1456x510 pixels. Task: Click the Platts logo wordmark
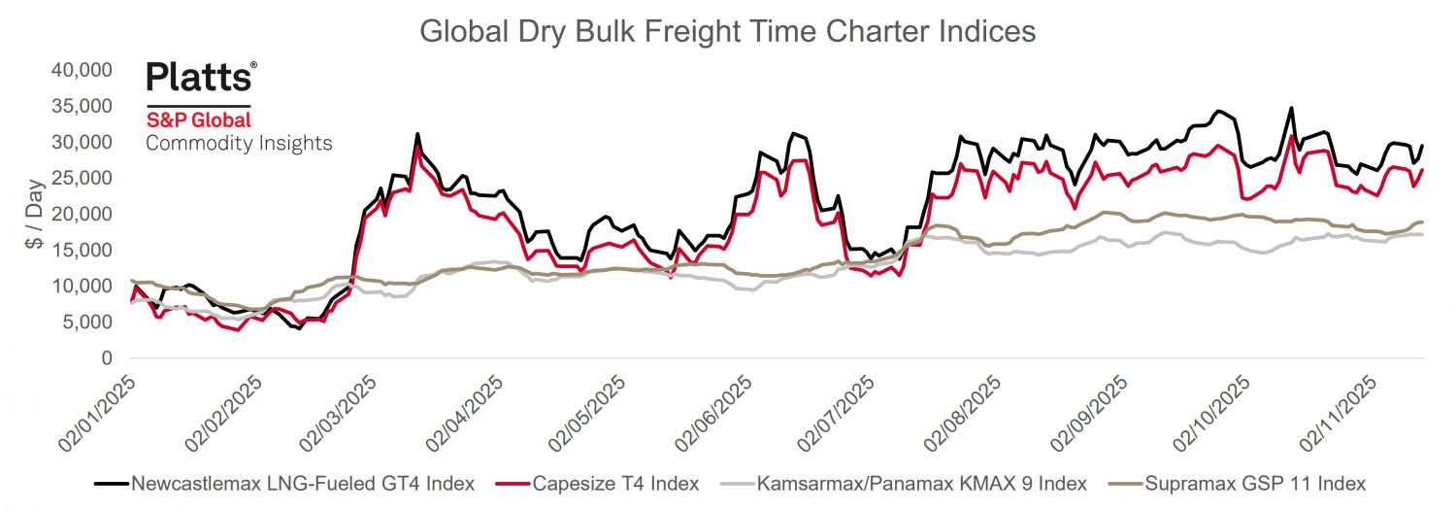[202, 77]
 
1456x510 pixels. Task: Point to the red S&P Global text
[198, 120]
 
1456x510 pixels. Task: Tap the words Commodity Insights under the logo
[239, 144]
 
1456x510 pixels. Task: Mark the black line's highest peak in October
[1290, 108]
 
